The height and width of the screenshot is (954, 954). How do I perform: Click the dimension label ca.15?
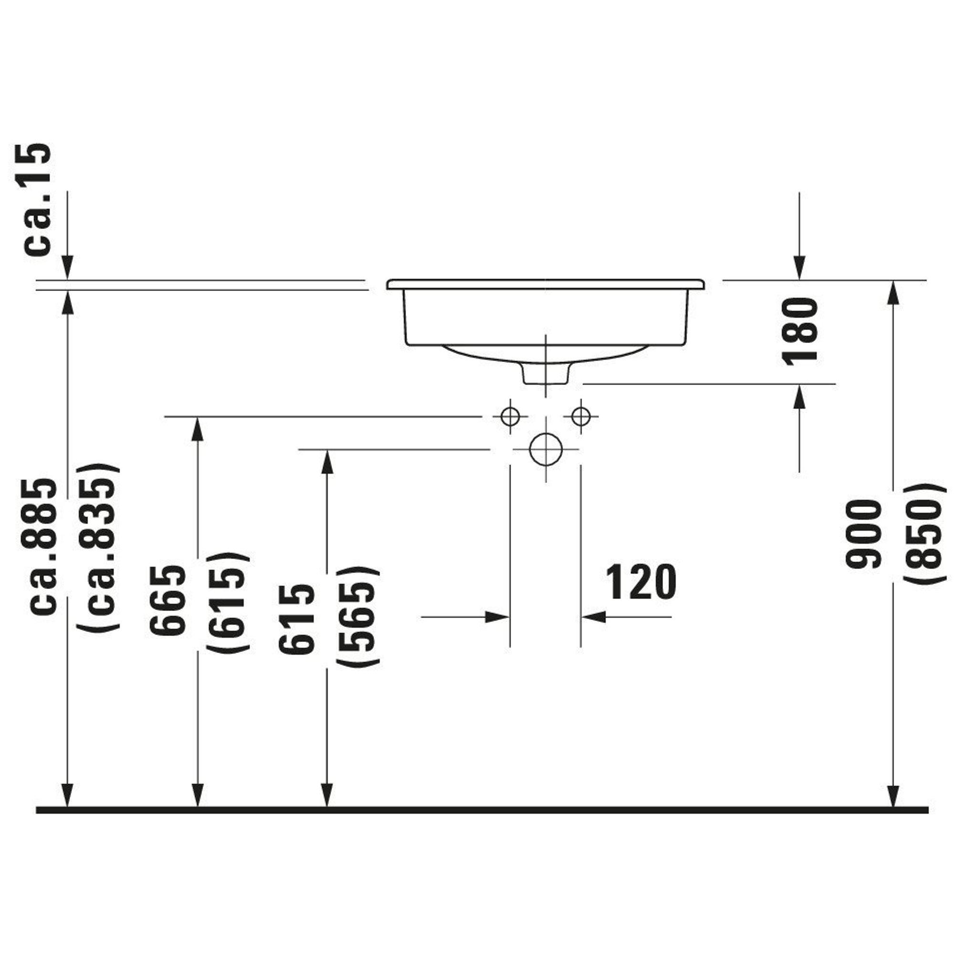37,199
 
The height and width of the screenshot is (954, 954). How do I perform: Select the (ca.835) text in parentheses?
99,548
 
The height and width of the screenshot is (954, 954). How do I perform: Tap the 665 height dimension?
168,601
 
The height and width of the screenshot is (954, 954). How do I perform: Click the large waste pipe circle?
546,449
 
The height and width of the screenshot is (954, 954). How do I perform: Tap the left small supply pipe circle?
510,417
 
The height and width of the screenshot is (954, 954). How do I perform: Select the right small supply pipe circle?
581,417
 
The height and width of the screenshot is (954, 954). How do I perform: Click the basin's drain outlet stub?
546,374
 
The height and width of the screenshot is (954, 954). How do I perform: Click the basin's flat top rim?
546,284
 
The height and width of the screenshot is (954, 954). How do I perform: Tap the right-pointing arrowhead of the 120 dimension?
497,617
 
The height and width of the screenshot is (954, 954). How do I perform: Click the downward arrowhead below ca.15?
68,267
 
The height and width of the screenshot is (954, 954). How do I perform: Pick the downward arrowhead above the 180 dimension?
799,267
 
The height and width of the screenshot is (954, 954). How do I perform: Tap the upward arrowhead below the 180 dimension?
799,396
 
